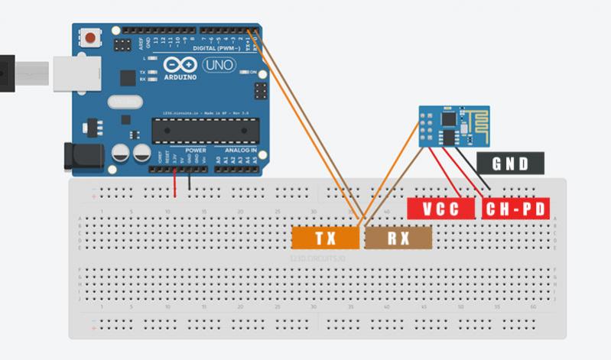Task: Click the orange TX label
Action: [x=326, y=238]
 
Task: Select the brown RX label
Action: [x=398, y=238]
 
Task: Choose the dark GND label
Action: [x=510, y=162]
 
